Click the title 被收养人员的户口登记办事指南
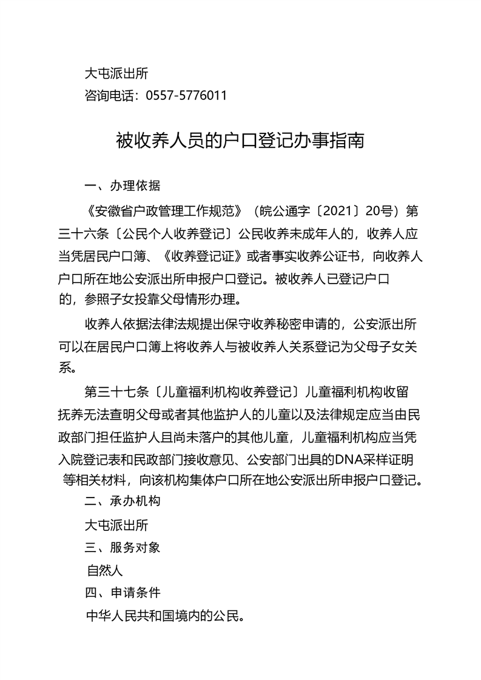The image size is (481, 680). tap(240, 141)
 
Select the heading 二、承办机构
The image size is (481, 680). tap(123, 501)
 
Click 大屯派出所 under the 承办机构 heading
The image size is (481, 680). tap(116, 524)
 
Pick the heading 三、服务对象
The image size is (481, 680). tap(123, 547)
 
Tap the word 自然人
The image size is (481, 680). tap(105, 570)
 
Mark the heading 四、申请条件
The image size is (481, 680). tap(123, 592)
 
